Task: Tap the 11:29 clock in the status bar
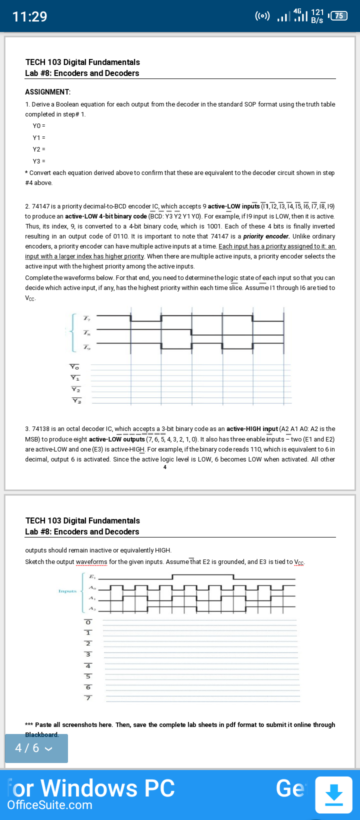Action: coord(29,16)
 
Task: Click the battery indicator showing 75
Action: coord(338,16)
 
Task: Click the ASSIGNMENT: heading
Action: coord(48,92)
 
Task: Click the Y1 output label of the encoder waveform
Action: coord(75,378)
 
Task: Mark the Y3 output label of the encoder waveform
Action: coord(76,400)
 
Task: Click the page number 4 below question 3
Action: coord(164,467)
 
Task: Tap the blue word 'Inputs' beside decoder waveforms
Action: coord(67,591)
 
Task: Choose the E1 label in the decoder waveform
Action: coord(92,577)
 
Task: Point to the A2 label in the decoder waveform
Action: coord(92,608)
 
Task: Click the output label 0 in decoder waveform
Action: coord(88,622)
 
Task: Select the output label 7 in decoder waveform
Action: coord(88,698)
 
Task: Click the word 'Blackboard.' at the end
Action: coord(42,734)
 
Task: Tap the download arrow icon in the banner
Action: coord(333,794)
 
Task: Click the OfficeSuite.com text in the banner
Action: coord(49,805)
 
